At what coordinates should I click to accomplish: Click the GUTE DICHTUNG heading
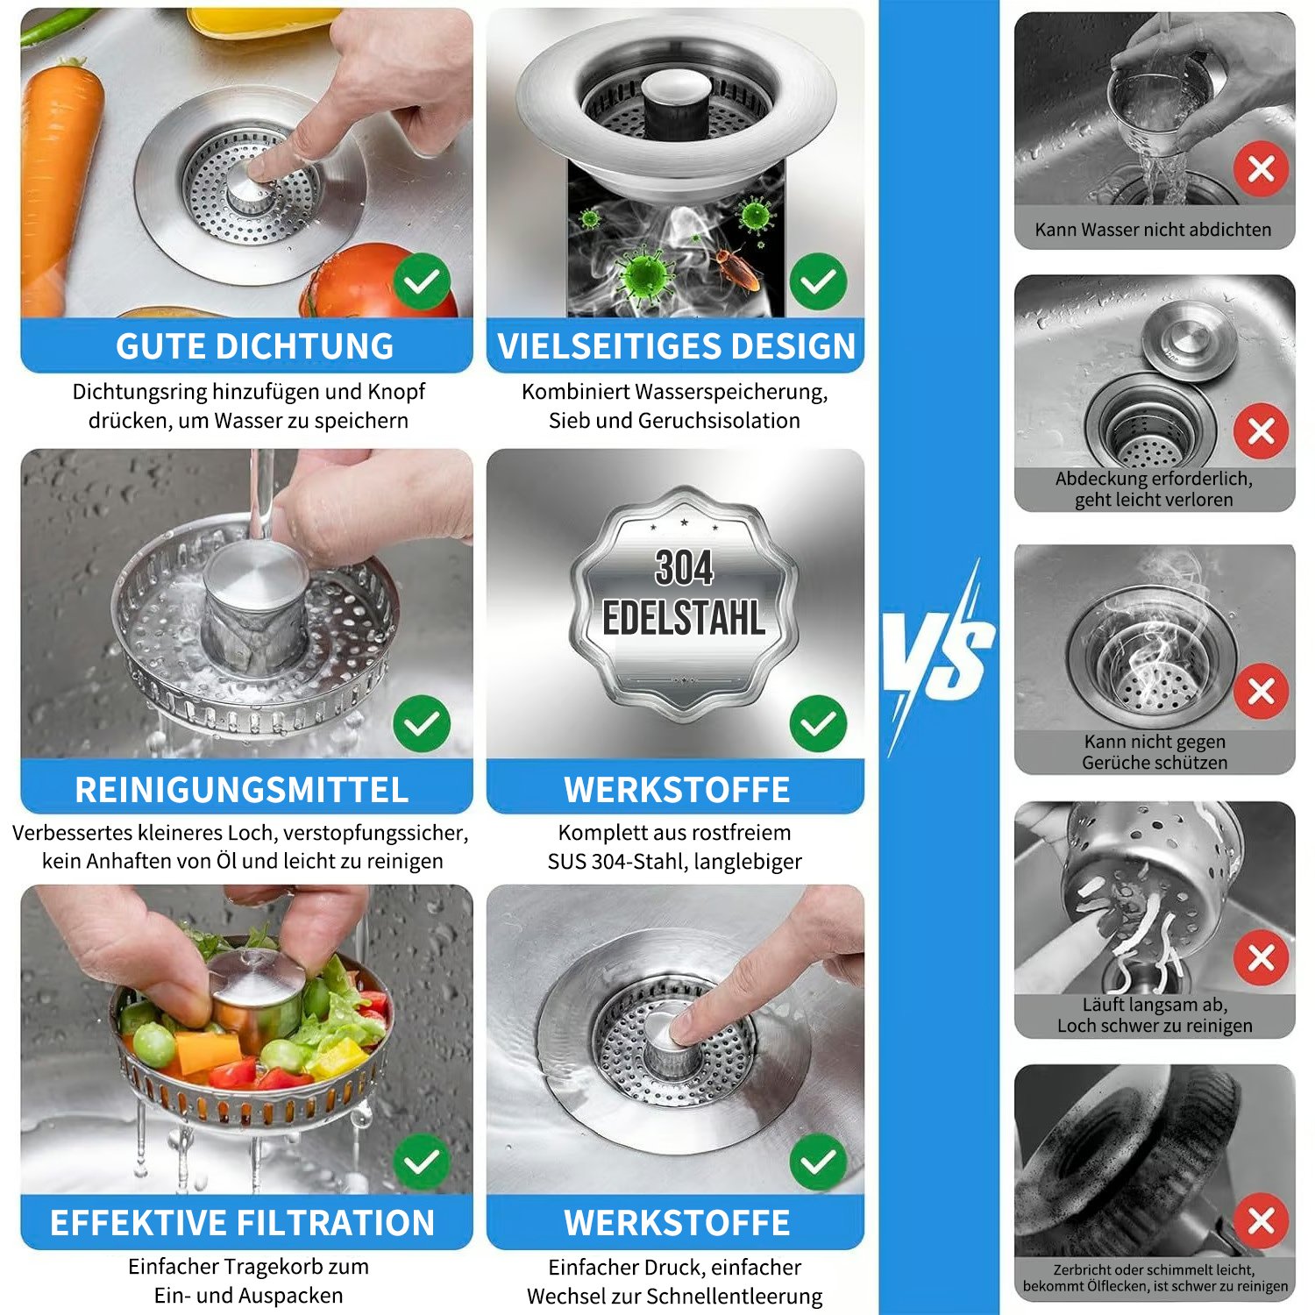[x=254, y=346]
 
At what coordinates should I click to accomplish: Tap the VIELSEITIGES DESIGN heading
[x=676, y=346]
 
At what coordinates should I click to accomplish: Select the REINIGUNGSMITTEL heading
[x=242, y=789]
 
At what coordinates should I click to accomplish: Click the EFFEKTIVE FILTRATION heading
[x=242, y=1223]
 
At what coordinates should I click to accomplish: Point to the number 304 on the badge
[x=684, y=568]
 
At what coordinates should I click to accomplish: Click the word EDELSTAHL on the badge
[x=684, y=619]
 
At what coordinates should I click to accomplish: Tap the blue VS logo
[x=938, y=657]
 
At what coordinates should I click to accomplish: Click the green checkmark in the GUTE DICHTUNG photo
[x=422, y=281]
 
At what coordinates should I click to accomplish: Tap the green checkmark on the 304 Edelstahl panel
[x=818, y=723]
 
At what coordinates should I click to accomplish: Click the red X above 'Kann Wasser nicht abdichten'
[x=1261, y=168]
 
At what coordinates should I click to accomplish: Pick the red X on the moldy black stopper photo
[x=1261, y=1220]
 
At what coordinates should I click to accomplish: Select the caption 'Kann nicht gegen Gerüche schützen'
[x=1155, y=752]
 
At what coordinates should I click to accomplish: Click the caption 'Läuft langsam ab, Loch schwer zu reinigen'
[x=1155, y=1015]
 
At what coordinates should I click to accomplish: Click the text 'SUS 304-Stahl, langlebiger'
[x=674, y=862]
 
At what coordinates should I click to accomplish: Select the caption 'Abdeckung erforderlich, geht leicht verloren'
[x=1155, y=489]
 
